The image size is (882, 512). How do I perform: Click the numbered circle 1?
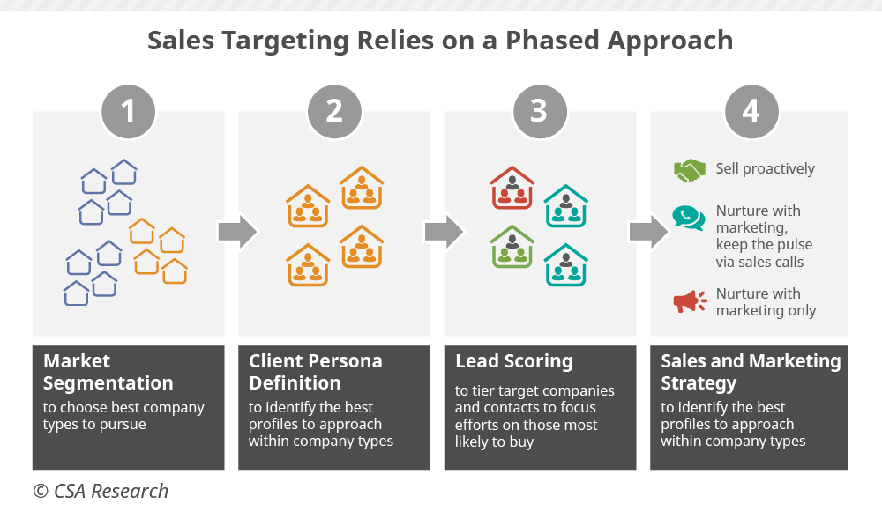(x=129, y=111)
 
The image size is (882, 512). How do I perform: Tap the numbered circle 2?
(x=334, y=111)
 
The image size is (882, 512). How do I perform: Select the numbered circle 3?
(x=539, y=111)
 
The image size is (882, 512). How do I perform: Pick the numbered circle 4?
(x=751, y=111)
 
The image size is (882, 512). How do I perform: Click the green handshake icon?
(x=690, y=170)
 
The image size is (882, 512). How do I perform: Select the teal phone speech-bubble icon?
(x=689, y=217)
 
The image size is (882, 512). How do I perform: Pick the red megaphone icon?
(x=690, y=301)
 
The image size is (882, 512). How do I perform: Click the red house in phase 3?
(x=512, y=188)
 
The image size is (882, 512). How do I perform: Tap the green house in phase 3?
(x=512, y=247)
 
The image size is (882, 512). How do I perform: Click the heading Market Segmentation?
(x=108, y=372)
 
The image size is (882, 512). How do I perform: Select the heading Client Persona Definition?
(x=315, y=372)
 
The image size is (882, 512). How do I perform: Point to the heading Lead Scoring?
(x=513, y=361)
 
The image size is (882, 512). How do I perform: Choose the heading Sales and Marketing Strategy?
(x=751, y=372)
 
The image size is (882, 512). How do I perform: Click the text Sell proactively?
(x=766, y=169)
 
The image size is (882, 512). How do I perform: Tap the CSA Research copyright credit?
(x=101, y=491)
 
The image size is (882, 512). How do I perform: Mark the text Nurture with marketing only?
(x=766, y=302)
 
